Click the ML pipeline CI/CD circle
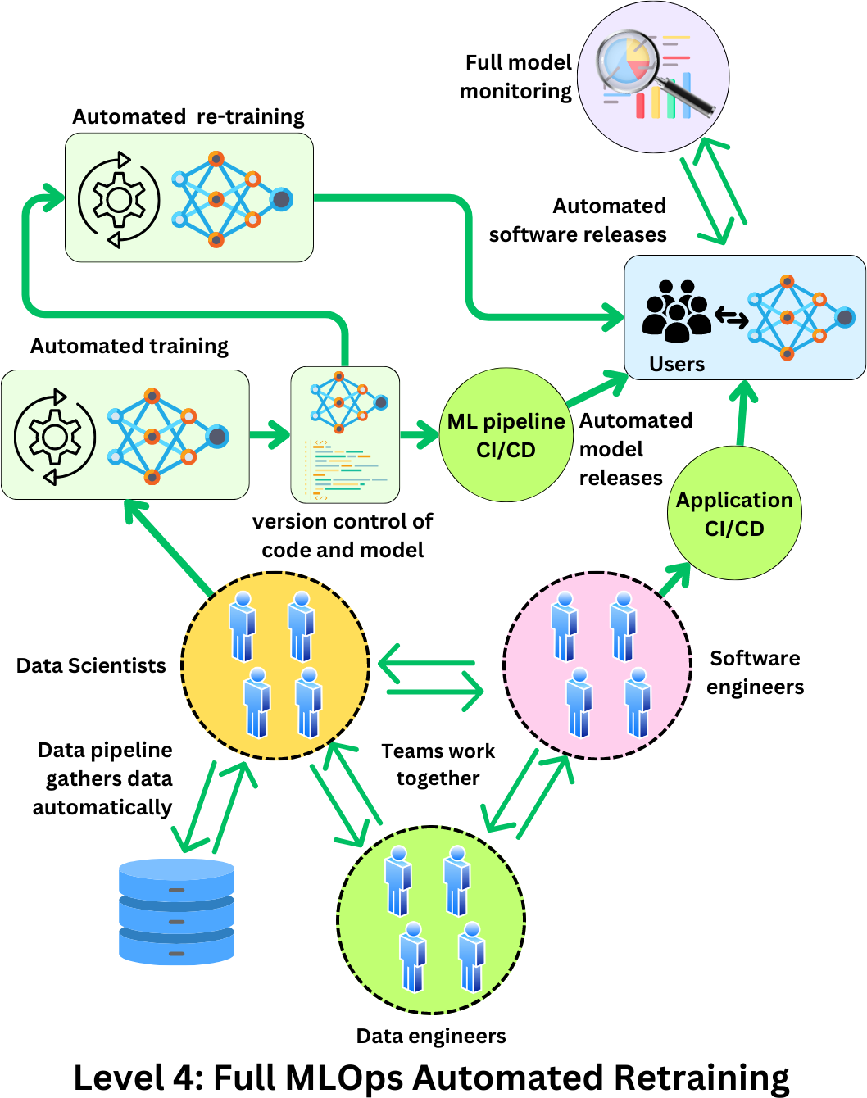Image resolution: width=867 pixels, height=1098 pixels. [x=506, y=435]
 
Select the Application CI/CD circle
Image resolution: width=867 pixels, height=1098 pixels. [x=734, y=514]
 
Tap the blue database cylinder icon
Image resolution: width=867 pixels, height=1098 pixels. [x=176, y=911]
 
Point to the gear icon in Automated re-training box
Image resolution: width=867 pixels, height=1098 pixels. [x=119, y=199]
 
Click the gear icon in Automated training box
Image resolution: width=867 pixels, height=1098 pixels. [x=55, y=436]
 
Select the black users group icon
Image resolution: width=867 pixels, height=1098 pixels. [x=676, y=311]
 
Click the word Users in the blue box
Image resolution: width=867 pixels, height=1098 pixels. [x=676, y=364]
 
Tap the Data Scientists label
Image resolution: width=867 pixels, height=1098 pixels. [x=91, y=665]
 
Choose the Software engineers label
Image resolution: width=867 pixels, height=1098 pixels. [x=755, y=673]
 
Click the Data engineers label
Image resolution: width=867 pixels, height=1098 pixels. [x=431, y=1036]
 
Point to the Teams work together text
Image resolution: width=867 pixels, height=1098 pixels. [x=438, y=765]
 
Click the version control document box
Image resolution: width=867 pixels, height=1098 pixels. [x=345, y=435]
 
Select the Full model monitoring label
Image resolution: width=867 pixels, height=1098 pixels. [x=516, y=77]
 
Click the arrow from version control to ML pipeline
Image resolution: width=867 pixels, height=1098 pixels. [x=420, y=435]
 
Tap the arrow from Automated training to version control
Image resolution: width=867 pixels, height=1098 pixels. [x=270, y=435]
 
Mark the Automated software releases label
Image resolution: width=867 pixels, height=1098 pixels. [x=579, y=220]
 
